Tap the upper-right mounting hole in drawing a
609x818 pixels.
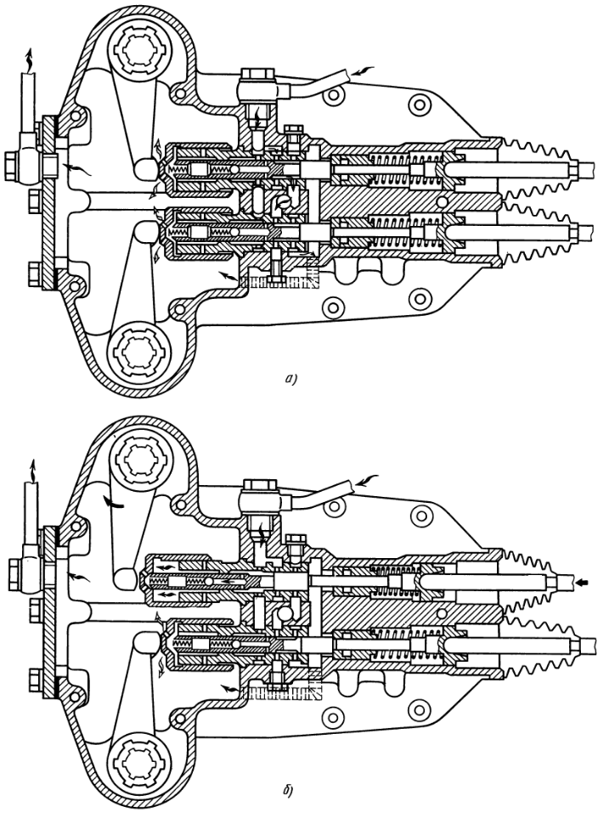coord(416,104)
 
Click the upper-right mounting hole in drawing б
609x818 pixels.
coord(416,516)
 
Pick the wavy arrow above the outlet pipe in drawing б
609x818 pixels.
coord(31,468)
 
